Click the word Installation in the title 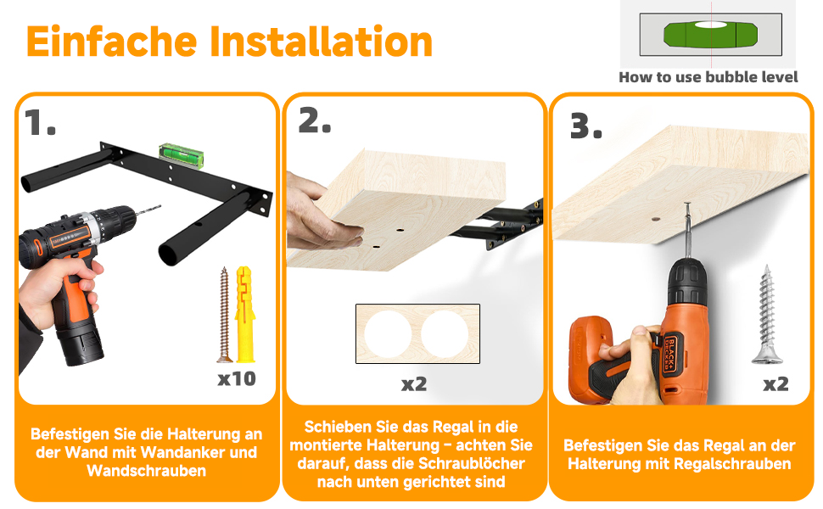pyautogui.click(x=322, y=42)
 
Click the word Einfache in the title pyautogui.click(x=112, y=42)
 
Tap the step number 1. pyautogui.click(x=40, y=123)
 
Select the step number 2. pyautogui.click(x=315, y=120)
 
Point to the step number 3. pyautogui.click(x=585, y=126)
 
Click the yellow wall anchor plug pyautogui.click(x=245, y=315)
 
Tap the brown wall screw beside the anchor pyautogui.click(x=224, y=315)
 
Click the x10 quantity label pyautogui.click(x=237, y=378)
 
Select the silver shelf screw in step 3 pyautogui.click(x=767, y=315)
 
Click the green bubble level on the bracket pyautogui.click(x=181, y=154)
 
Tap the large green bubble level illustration pyautogui.click(x=711, y=34)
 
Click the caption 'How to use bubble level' pyautogui.click(x=708, y=77)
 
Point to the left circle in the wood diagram pyautogui.click(x=388, y=333)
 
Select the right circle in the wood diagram pyautogui.click(x=445, y=333)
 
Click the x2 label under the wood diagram pyautogui.click(x=414, y=384)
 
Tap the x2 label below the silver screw pyautogui.click(x=775, y=384)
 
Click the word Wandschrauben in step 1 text pyautogui.click(x=147, y=471)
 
